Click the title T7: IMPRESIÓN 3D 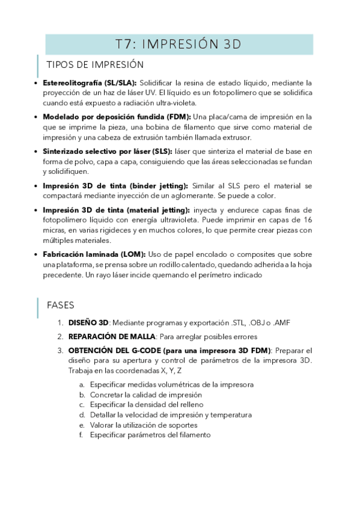(178, 44)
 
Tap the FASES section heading (60, 305)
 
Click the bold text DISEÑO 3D (88, 323)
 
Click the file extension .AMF (281, 323)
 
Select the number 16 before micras (307, 220)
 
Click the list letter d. (81, 414)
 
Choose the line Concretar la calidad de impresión (141, 394)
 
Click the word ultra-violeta (175, 102)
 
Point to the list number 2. (60, 336)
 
